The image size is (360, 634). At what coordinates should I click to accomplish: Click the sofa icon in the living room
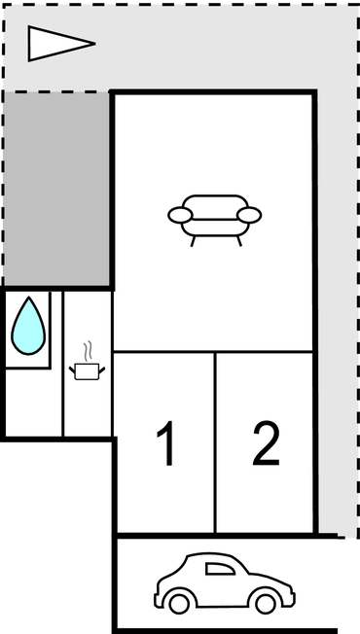coord(214,218)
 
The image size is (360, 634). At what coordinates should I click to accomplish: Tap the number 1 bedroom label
coord(166,444)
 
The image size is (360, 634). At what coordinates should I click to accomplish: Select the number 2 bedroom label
coord(265,444)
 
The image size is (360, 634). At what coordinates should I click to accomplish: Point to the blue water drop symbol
coord(28,326)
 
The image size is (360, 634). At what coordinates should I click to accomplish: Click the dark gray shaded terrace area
coord(55,190)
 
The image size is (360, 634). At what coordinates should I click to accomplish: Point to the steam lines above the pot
coord(88,349)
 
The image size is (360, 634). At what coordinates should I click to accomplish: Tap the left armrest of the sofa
coord(178,214)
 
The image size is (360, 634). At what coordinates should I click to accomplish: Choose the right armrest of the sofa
coord(251,214)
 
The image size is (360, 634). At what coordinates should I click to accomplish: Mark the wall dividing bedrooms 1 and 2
coord(214,442)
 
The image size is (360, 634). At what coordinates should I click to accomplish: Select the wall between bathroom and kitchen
coord(63,365)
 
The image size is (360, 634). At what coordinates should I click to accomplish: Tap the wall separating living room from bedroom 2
coord(265,352)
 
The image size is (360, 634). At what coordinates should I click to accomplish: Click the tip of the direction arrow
coord(93,43)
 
